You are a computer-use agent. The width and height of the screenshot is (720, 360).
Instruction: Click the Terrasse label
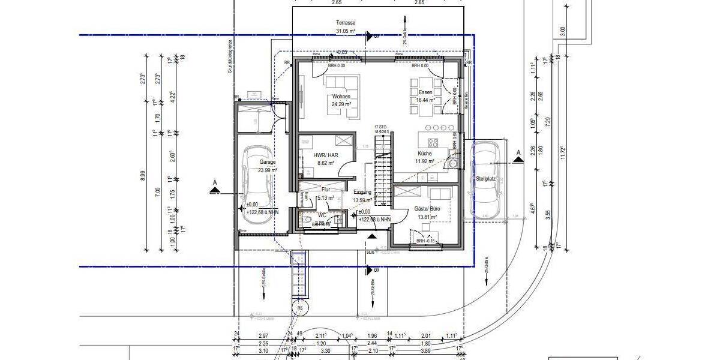[x=346, y=22]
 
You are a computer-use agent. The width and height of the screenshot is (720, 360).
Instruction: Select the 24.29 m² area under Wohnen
[x=341, y=104]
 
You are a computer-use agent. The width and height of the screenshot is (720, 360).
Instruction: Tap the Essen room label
[x=425, y=92]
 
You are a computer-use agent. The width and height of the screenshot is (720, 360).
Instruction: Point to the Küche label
[x=425, y=154]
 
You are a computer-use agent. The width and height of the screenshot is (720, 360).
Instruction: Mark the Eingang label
[x=363, y=192]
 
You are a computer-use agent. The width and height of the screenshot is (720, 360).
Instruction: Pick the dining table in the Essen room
[x=426, y=93]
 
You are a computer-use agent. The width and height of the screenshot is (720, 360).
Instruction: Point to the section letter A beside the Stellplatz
[x=518, y=153]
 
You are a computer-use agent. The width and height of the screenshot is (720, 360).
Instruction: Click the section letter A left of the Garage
[x=214, y=181]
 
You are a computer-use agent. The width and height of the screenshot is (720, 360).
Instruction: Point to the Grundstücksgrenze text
[x=229, y=56]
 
